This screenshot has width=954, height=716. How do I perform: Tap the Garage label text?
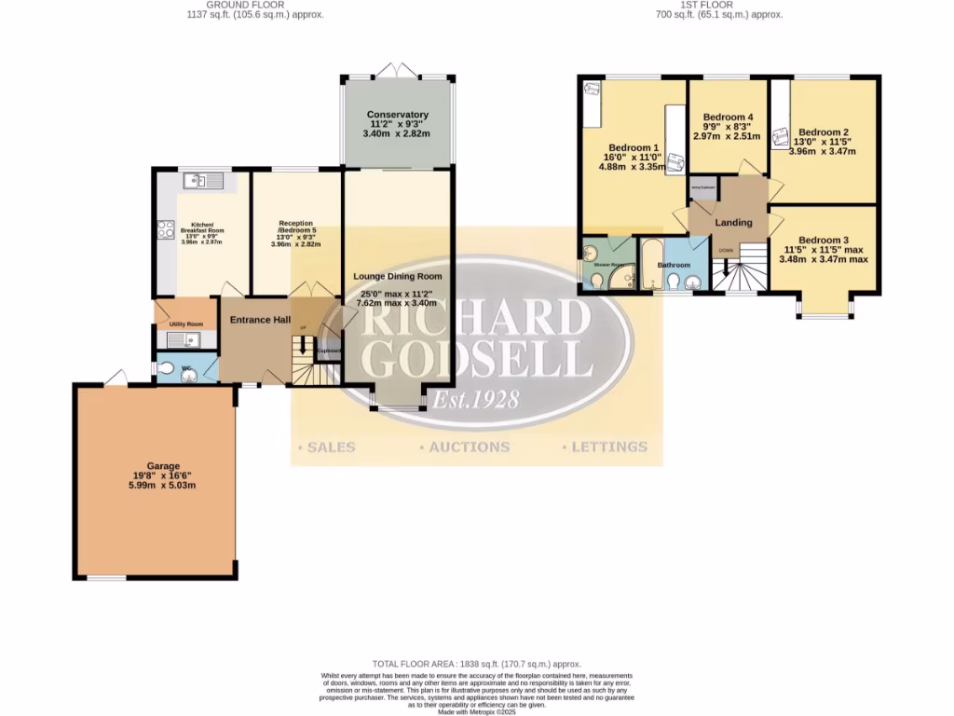[162, 466]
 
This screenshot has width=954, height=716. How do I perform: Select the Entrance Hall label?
[262, 320]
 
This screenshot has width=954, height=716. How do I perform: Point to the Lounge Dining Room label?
[397, 277]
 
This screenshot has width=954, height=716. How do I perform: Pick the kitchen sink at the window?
[204, 181]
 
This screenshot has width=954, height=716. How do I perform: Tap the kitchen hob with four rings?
[166, 229]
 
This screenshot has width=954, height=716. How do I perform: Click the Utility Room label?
[186, 324]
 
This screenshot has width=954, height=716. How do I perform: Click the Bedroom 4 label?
[727, 117]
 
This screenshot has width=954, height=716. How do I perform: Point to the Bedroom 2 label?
[824, 132]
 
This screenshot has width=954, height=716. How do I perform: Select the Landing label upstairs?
[733, 223]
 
